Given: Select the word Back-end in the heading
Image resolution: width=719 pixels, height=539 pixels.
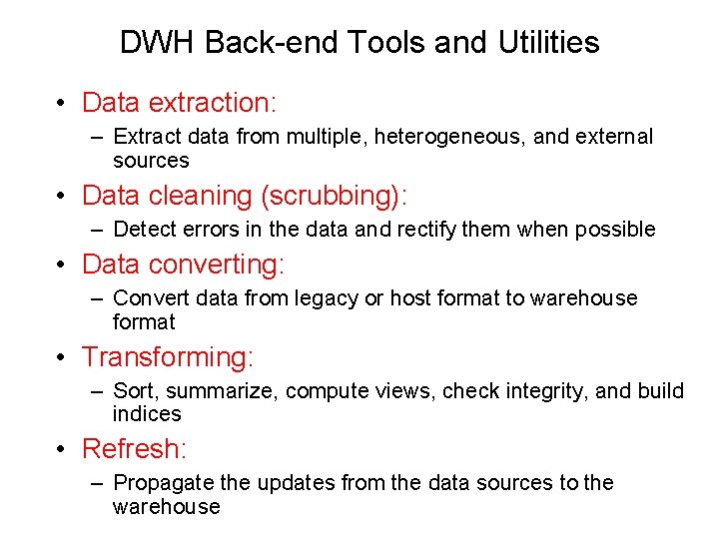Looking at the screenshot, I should coord(256,43).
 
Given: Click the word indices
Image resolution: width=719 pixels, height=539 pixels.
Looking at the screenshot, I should coord(147,414).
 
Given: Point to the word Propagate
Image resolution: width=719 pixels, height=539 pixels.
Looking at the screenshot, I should coord(165,484).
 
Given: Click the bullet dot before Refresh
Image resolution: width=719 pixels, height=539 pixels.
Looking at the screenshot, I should coord(63,450).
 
